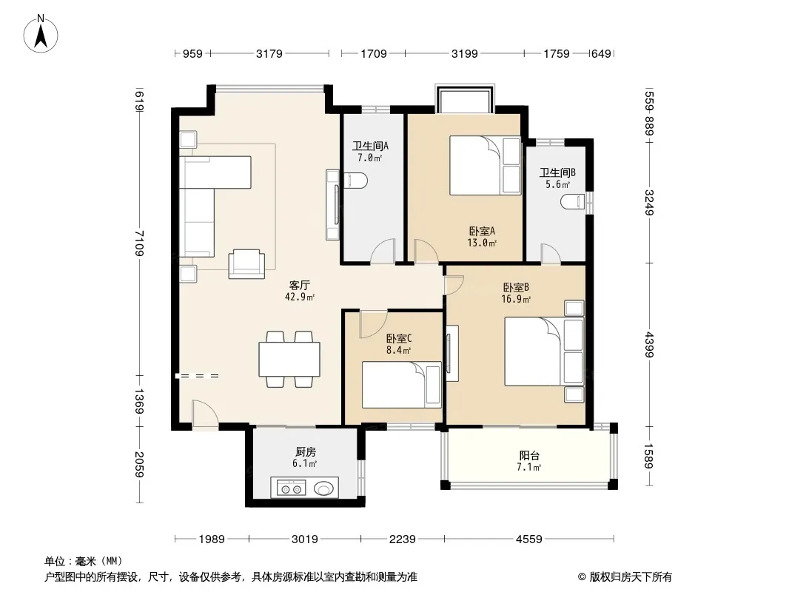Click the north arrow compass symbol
(x=41, y=34)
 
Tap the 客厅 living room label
(x=300, y=286)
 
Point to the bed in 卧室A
(x=485, y=165)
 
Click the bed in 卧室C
(x=402, y=384)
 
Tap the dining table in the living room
(x=289, y=359)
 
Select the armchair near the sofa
(x=246, y=264)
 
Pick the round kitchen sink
(x=323, y=488)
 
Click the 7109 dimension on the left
(x=139, y=243)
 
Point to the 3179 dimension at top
(x=269, y=53)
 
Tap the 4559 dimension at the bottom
(x=529, y=539)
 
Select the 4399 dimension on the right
(x=649, y=345)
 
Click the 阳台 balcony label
(x=529, y=456)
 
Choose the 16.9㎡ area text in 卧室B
(x=516, y=299)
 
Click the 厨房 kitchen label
(x=305, y=451)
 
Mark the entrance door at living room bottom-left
(x=205, y=414)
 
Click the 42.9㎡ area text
(x=300, y=297)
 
